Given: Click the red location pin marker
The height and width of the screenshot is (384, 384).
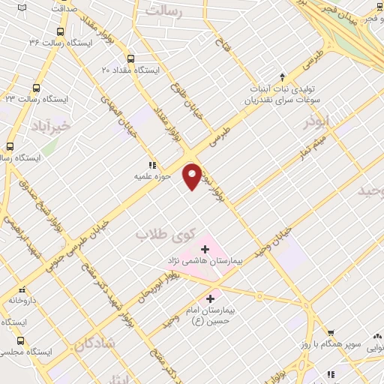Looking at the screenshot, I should [193, 176].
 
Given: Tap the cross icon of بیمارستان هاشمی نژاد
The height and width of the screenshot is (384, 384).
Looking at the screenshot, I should [205, 248].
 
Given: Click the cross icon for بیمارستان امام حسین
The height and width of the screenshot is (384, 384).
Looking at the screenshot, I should [210, 298].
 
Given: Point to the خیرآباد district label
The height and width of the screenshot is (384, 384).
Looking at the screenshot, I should [49, 125].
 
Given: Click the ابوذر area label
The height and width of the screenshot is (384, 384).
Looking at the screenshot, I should [316, 122].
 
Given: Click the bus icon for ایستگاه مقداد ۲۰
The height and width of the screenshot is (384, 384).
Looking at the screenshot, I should [130, 58].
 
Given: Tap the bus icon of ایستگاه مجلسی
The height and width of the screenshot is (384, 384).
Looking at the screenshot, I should [20, 340].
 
